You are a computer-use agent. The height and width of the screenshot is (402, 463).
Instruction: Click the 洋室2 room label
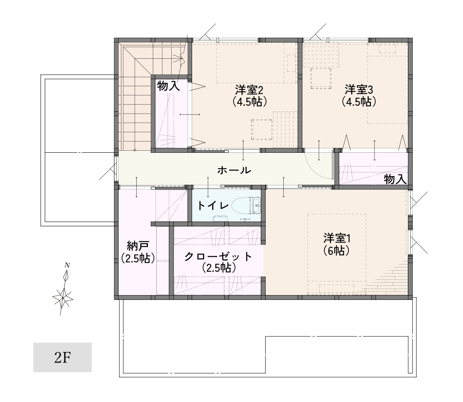(x=249, y=90)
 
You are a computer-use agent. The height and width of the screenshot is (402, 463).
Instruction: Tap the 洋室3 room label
(x=359, y=90)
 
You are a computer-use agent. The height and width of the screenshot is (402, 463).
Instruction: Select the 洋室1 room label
(x=337, y=238)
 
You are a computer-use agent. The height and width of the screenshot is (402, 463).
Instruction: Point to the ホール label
(x=234, y=170)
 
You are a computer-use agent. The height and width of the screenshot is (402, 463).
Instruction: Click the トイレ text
(x=213, y=205)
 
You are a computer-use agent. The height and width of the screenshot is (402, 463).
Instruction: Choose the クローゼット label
(x=218, y=256)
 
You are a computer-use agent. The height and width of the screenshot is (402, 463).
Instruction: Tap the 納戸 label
(x=138, y=246)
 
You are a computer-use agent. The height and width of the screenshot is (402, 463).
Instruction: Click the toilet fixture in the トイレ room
(x=246, y=205)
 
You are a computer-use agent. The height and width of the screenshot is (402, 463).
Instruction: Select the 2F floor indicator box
(x=63, y=357)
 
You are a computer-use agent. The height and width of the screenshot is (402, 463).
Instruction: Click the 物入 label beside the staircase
(x=168, y=86)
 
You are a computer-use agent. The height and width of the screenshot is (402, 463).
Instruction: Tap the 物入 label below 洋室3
(x=395, y=179)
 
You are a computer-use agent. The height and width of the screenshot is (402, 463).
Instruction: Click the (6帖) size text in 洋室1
(x=337, y=251)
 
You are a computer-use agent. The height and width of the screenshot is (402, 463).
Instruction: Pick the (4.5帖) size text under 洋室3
(x=359, y=102)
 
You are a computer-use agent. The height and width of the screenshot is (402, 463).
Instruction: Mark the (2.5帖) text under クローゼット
(x=219, y=268)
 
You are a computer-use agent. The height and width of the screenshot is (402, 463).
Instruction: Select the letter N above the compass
(x=68, y=265)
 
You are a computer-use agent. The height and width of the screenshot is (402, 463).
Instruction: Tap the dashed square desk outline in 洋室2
(x=262, y=130)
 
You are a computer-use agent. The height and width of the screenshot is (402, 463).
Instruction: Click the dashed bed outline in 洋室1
(x=337, y=254)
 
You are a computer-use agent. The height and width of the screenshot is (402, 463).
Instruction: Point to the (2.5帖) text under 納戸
(x=138, y=258)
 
